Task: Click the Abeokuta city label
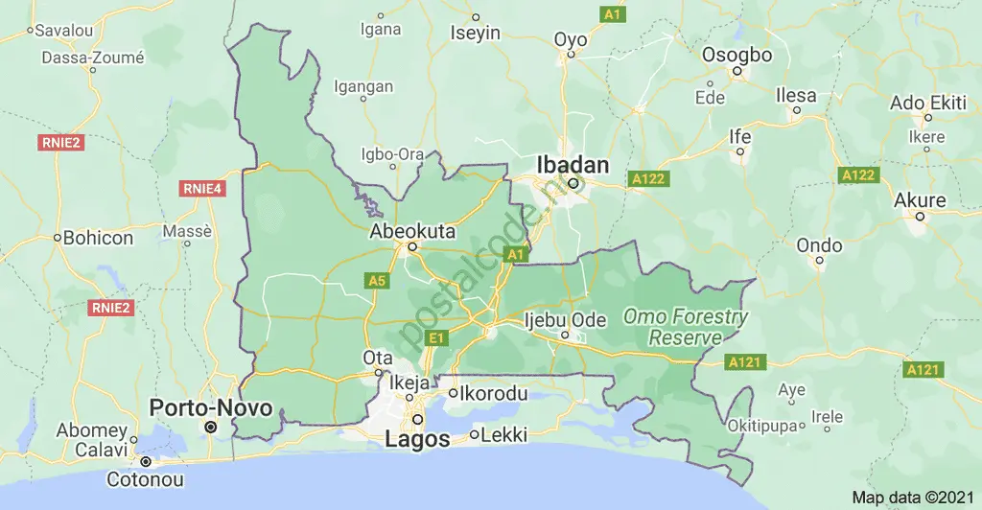pos(413,231)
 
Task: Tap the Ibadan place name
pos(573,165)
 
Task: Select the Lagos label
pos(417,439)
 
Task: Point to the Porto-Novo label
pos(211,408)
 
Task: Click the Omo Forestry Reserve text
pos(685,327)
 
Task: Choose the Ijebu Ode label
pos(566,319)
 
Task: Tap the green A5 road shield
pos(377,280)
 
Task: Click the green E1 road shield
pos(436,337)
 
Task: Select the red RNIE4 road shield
pos(202,189)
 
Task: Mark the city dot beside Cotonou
pos(146,461)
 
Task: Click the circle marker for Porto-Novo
pos(211,426)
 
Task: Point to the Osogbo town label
pos(736,55)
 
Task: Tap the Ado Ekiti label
pos(927,103)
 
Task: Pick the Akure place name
pos(920,200)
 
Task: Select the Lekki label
pos(504,435)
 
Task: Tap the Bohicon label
pos(98,237)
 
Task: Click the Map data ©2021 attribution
pos(913,498)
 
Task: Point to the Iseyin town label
pos(476,33)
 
